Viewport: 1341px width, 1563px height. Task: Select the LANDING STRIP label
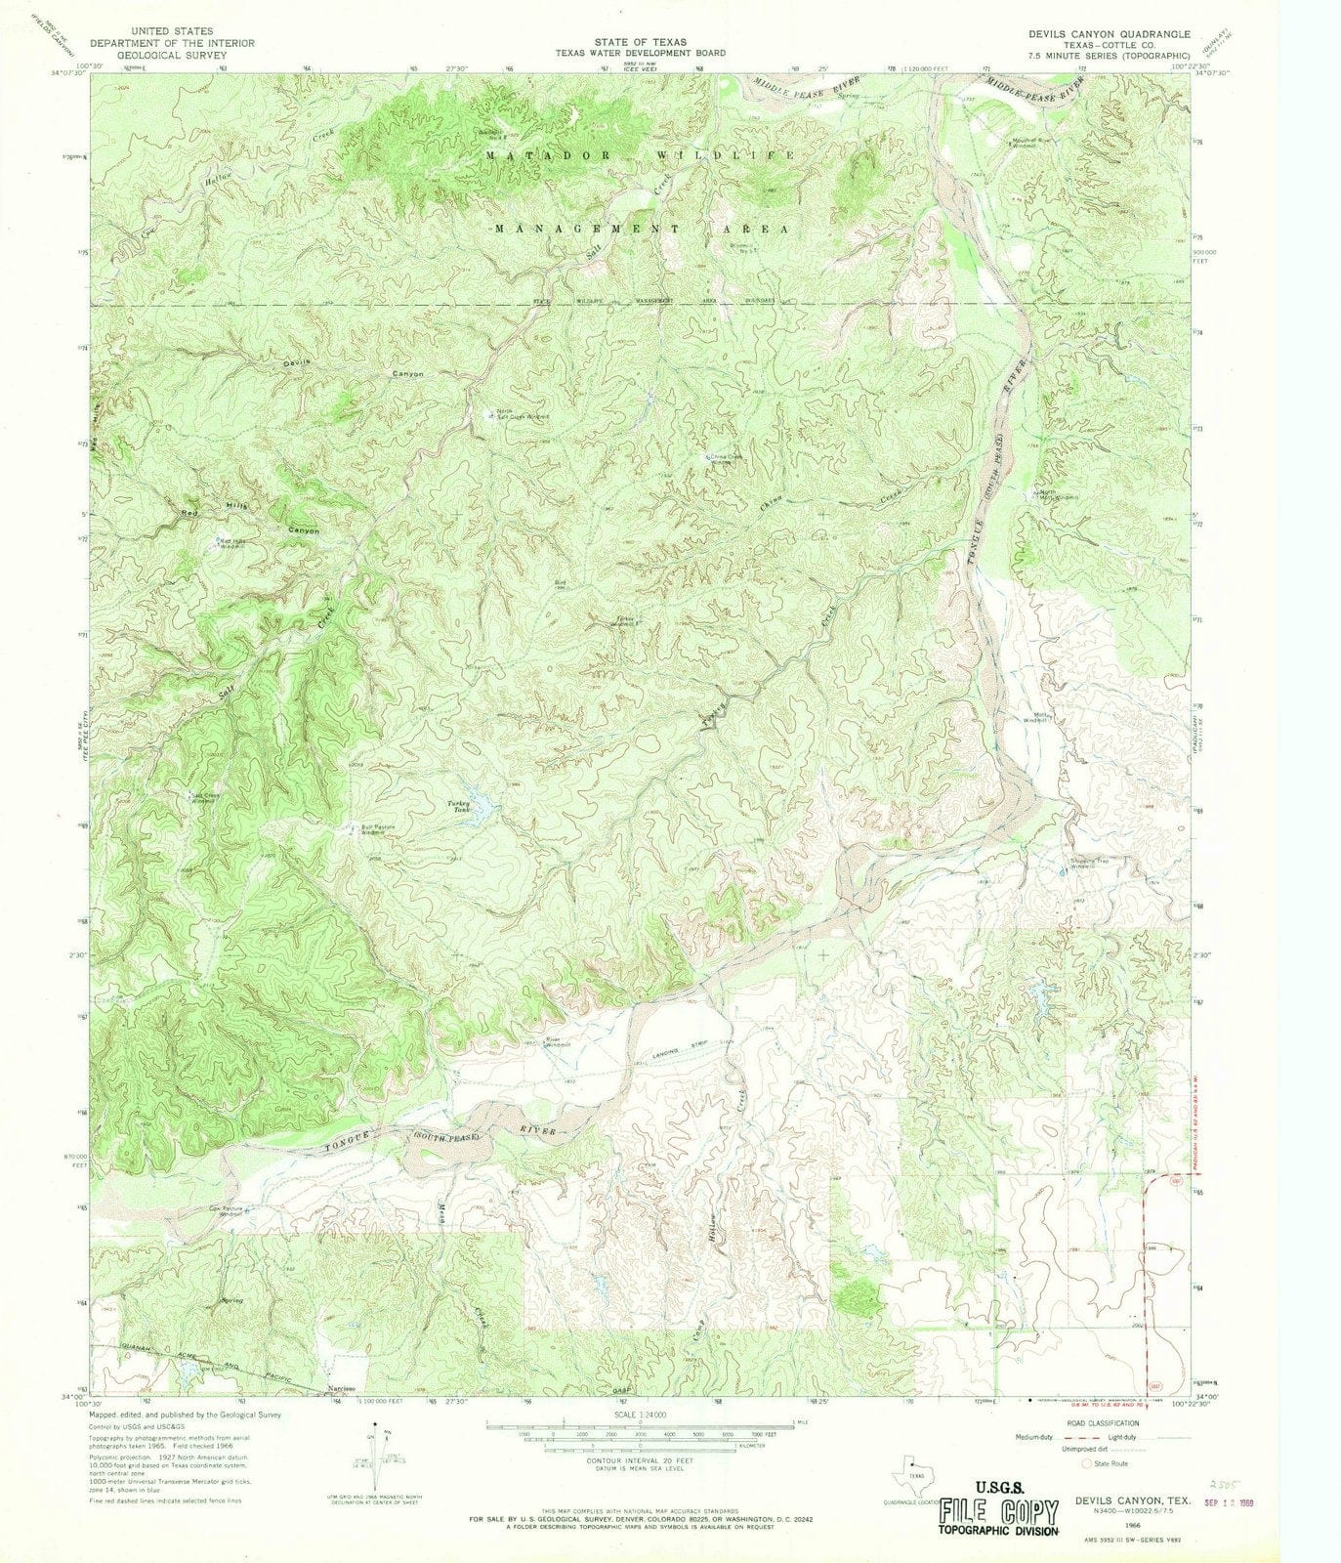[x=681, y=1045]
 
